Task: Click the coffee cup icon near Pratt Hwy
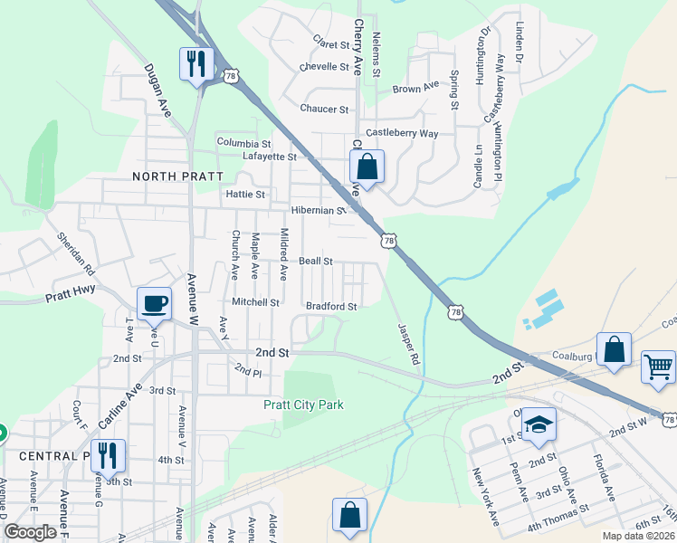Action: pyautogui.click(x=154, y=303)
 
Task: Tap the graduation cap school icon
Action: pyautogui.click(x=539, y=424)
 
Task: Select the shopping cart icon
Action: pyautogui.click(x=658, y=367)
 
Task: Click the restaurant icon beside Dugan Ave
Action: pyautogui.click(x=195, y=62)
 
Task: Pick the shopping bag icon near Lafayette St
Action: pyautogui.click(x=367, y=167)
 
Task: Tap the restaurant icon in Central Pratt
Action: pyautogui.click(x=108, y=455)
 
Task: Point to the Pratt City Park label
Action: pyautogui.click(x=303, y=405)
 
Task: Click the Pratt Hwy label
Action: pyautogui.click(x=72, y=297)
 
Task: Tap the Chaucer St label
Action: pyautogui.click(x=324, y=110)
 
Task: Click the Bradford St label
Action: pyautogui.click(x=330, y=307)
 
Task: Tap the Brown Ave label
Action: pyautogui.click(x=415, y=89)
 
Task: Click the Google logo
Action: pyautogui.click(x=31, y=532)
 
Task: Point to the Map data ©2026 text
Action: pyautogui.click(x=639, y=536)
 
